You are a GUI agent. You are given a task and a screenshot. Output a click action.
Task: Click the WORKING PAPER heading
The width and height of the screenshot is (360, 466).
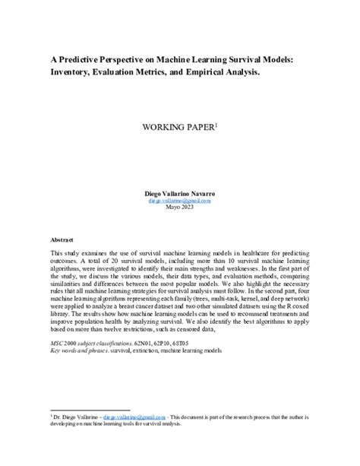(x=177, y=127)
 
